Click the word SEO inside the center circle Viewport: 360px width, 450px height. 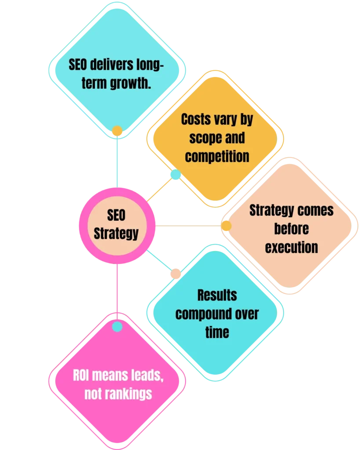[x=116, y=215]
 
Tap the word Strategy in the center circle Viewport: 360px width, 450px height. [x=116, y=233]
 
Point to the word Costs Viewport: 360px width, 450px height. [x=196, y=120]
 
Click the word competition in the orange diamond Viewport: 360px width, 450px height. [x=217, y=156]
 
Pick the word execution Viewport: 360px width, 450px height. [x=291, y=247]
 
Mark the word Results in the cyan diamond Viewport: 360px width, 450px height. [x=217, y=295]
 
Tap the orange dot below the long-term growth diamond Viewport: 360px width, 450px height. [x=117, y=131]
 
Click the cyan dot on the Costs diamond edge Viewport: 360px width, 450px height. [x=175, y=175]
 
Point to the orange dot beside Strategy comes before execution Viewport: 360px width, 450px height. [x=226, y=226]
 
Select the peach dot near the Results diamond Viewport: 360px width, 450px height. [x=176, y=273]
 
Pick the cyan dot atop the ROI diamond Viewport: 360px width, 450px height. [x=117, y=327]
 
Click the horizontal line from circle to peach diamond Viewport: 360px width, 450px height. [x=189, y=227]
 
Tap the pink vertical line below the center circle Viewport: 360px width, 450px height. [x=117, y=290]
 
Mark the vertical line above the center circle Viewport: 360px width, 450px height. [x=117, y=163]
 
